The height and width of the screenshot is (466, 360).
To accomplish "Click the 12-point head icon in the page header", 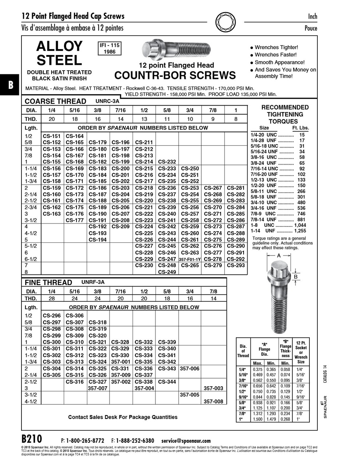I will [x=226, y=21].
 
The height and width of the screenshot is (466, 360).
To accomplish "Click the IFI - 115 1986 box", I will [x=110, y=48].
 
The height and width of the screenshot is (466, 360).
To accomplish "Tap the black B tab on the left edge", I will [x=10, y=85].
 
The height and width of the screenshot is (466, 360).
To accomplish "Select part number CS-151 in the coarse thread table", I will [x=52, y=136].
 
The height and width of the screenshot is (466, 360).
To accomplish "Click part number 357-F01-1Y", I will [x=190, y=259].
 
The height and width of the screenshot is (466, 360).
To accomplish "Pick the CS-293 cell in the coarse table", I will [x=236, y=265].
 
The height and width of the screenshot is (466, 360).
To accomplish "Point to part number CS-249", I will [x=167, y=272].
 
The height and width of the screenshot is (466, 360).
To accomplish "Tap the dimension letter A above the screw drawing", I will [x=279, y=256].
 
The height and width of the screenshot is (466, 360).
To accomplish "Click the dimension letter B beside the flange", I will [x=296, y=277].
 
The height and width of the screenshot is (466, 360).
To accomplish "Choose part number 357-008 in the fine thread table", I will [x=213, y=401].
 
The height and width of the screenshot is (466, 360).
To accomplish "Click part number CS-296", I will [x=52, y=316].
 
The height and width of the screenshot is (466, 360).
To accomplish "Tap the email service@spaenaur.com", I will [x=186, y=441].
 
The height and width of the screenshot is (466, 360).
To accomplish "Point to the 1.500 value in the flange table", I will [x=257, y=419].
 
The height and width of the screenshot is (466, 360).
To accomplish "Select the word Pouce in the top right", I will [x=310, y=28].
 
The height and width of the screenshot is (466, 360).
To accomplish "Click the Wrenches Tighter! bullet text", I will [x=276, y=47].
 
